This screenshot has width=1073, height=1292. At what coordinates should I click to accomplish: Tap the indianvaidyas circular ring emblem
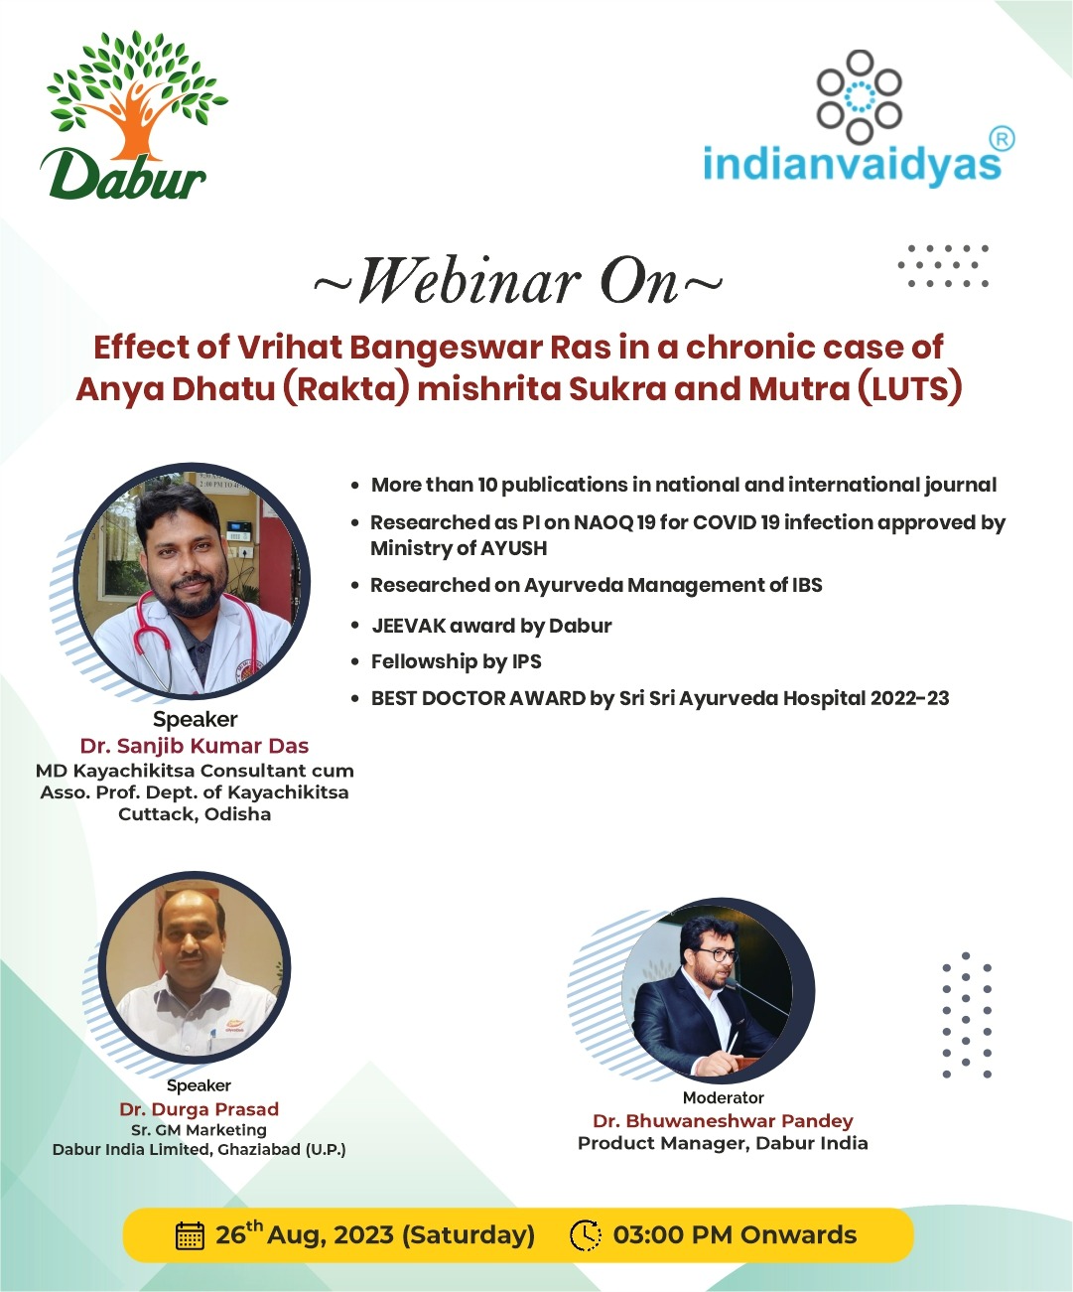(x=859, y=96)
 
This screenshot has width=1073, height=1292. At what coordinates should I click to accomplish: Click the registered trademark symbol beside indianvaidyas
(x=1002, y=139)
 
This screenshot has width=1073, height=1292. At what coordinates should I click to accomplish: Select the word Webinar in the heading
(x=469, y=282)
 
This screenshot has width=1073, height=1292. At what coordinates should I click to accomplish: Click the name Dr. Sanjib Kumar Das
(x=195, y=746)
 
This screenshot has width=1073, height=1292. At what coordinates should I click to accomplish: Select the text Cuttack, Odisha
(x=195, y=813)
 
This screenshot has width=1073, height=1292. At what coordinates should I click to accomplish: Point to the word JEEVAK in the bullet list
(x=408, y=626)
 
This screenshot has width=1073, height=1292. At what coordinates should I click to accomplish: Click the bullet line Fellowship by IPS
(x=456, y=661)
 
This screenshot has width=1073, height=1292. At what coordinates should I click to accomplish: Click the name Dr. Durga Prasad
(x=200, y=1109)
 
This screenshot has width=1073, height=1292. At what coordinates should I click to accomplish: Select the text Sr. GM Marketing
(x=200, y=1130)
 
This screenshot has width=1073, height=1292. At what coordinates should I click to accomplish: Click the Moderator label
(x=723, y=1097)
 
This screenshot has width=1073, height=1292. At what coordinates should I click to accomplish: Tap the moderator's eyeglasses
(x=718, y=954)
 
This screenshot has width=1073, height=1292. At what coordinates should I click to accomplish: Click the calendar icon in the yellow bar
(x=191, y=1235)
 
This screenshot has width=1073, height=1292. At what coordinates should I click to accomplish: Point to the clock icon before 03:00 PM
(x=585, y=1235)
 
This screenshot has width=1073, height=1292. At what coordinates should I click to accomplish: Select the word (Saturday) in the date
(x=469, y=1235)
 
